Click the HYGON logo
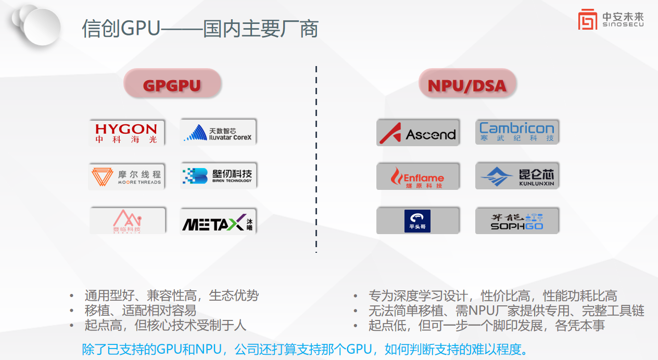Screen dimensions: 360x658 pyautogui.click(x=126, y=133)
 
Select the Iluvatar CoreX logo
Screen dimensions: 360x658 pyautogui.click(x=219, y=132)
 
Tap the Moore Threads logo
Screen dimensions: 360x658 pyautogui.click(x=126, y=177)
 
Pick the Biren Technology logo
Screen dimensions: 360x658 pyautogui.click(x=219, y=176)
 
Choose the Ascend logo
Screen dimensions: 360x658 pyautogui.click(x=418, y=133)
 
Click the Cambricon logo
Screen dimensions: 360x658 pyautogui.click(x=516, y=132)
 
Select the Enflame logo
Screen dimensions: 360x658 pyautogui.click(x=418, y=177)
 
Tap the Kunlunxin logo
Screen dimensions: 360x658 pyautogui.click(x=516, y=176)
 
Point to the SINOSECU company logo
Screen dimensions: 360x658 pyautogui.click(x=610, y=20)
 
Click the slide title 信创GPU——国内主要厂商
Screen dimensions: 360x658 pyautogui.click(x=200, y=29)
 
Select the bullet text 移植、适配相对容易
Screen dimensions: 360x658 pyautogui.click(x=141, y=311)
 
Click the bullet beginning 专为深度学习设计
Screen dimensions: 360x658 pyautogui.click(x=492, y=296)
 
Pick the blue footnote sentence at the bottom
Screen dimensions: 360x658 pyautogui.click(x=300, y=349)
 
